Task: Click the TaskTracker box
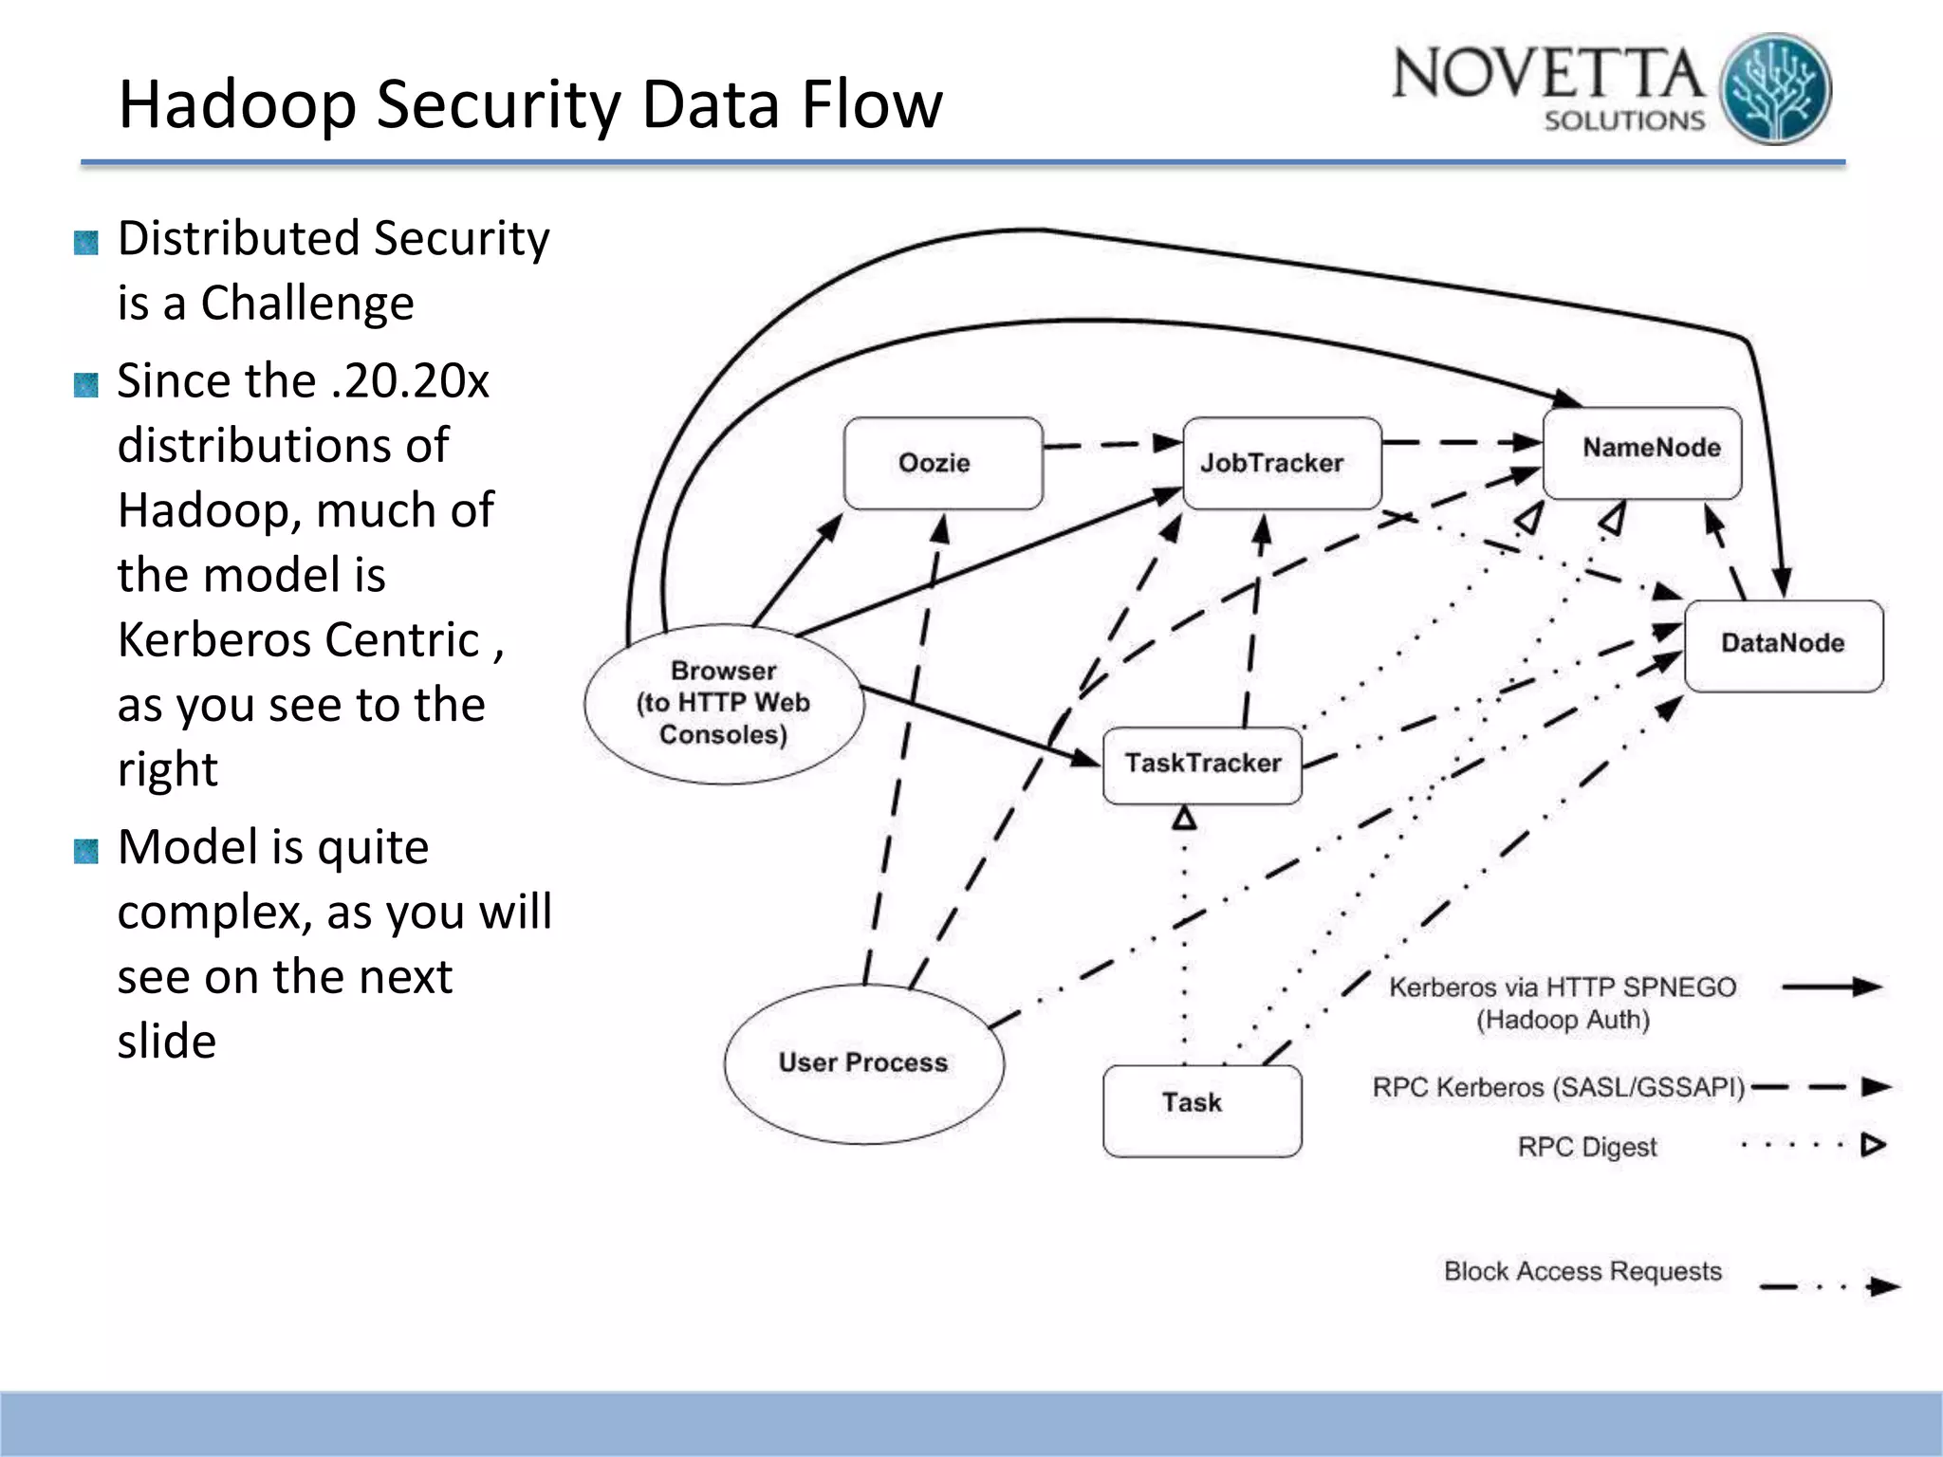click(1201, 765)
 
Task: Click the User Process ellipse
click(863, 1062)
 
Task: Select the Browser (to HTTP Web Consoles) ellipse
click(723, 704)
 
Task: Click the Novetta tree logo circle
click(1775, 90)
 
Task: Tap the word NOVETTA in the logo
click(1546, 74)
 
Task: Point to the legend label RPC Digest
click(1586, 1147)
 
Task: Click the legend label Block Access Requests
click(1582, 1271)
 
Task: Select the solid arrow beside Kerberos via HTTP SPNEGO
click(1831, 987)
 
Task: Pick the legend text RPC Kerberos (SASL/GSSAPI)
click(1558, 1087)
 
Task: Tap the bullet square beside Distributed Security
click(86, 243)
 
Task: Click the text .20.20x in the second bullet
click(410, 381)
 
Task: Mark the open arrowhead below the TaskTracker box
click(1184, 818)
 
